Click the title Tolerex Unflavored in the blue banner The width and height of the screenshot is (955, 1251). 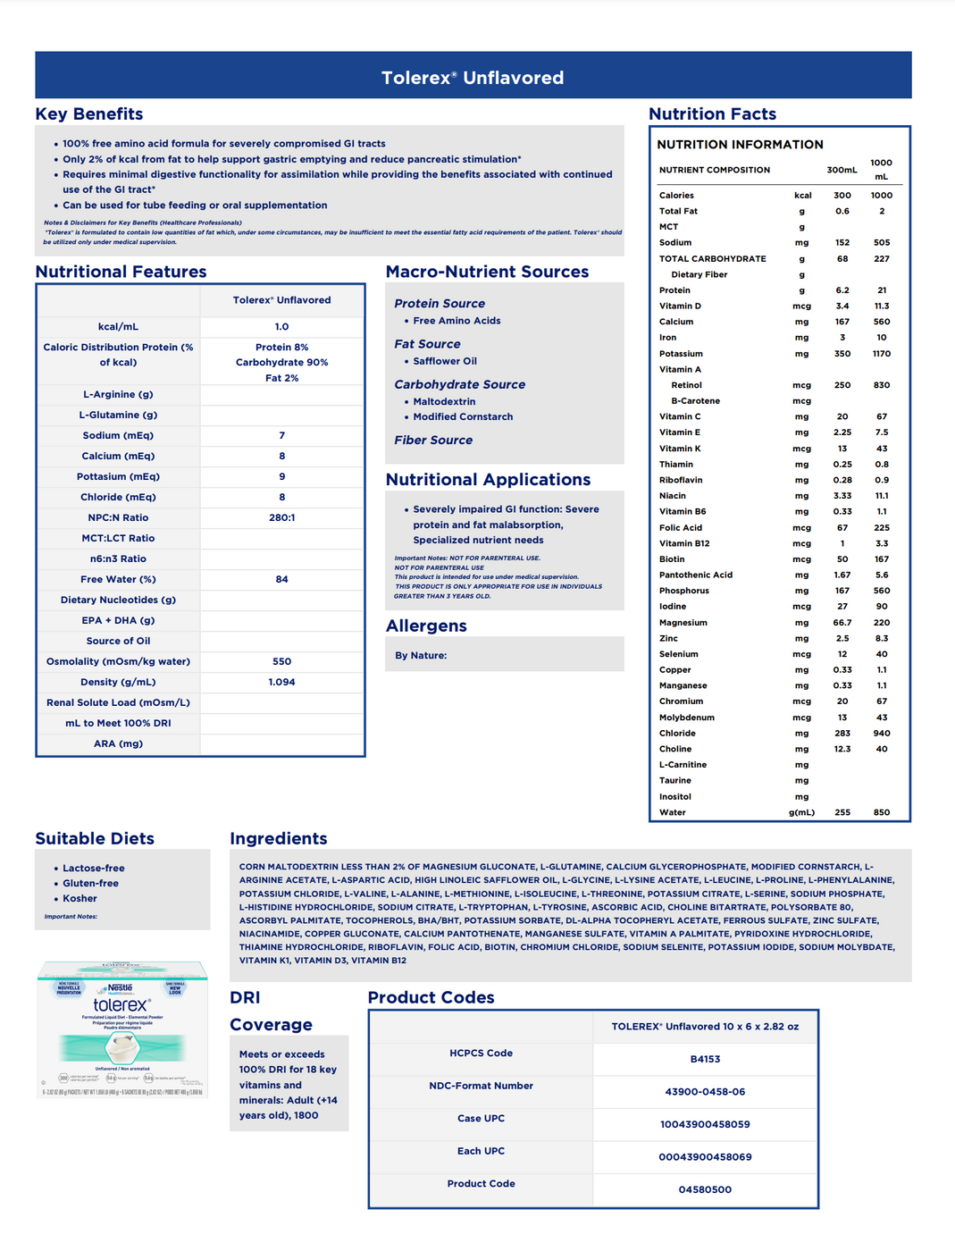(x=473, y=78)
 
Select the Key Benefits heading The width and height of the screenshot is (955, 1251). (x=89, y=113)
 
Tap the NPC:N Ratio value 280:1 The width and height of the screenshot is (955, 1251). (x=281, y=517)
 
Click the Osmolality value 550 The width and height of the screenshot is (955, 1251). (x=281, y=661)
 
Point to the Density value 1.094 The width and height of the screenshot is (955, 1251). (x=281, y=682)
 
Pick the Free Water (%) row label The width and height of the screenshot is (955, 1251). (x=118, y=579)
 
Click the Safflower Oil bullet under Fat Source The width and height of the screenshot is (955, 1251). (x=445, y=361)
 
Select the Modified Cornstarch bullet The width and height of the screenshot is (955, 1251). (x=463, y=416)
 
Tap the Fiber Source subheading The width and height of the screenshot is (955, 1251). (x=433, y=440)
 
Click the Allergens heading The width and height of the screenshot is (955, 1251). (x=426, y=625)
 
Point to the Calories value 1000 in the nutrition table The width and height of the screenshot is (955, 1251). (x=881, y=195)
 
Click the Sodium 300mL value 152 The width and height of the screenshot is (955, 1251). (x=842, y=242)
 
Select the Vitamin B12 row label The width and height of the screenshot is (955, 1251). (x=684, y=543)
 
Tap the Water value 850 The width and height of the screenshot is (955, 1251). (x=881, y=812)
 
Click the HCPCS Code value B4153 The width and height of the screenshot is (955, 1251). (x=705, y=1059)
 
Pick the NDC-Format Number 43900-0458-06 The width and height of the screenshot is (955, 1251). (x=705, y=1092)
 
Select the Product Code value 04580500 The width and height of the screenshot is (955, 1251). (x=705, y=1189)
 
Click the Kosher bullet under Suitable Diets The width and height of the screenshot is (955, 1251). (x=80, y=898)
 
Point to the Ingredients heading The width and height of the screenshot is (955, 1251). (x=278, y=838)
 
